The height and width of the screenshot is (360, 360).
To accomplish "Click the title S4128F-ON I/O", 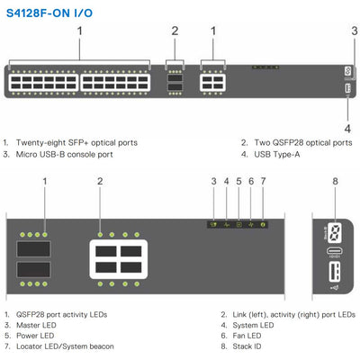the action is [49, 13].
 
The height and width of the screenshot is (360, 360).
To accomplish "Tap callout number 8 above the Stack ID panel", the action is [335, 181].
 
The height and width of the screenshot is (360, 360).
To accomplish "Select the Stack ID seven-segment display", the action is [335, 232].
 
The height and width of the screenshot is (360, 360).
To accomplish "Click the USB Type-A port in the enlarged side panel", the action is [335, 272].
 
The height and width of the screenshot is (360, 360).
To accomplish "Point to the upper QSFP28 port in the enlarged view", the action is [33, 249].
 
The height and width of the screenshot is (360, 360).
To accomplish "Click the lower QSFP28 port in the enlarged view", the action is [33, 269].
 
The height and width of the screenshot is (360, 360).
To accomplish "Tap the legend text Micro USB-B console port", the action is [65, 155].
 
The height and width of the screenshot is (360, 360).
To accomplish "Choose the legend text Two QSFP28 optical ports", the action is [303, 142].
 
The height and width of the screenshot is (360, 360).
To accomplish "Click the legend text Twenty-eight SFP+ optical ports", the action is [76, 142].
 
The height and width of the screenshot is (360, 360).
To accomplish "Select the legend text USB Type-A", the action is [277, 155].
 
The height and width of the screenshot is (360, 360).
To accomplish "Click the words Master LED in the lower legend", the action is [36, 325].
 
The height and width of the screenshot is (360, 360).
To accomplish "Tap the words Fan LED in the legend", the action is [247, 336].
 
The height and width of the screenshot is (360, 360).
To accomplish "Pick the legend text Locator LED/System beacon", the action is [65, 346].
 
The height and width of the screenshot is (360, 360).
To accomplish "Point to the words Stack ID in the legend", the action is [247, 346].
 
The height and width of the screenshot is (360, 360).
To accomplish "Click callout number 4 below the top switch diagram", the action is [347, 129].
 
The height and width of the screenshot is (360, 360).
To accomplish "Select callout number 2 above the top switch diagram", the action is [175, 31].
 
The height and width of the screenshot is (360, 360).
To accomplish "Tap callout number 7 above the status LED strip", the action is [263, 181].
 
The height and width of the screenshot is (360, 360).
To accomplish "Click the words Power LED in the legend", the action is [35, 336].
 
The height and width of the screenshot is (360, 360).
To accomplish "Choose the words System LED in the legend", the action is [253, 325].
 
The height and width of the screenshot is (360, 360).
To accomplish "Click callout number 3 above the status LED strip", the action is [213, 181].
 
